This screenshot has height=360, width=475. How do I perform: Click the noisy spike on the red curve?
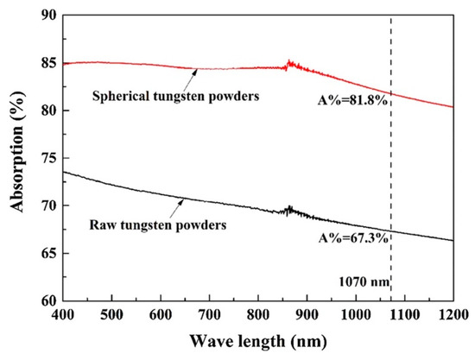290,63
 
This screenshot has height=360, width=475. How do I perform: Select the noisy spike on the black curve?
290,209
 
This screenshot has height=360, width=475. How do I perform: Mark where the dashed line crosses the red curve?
390,93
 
